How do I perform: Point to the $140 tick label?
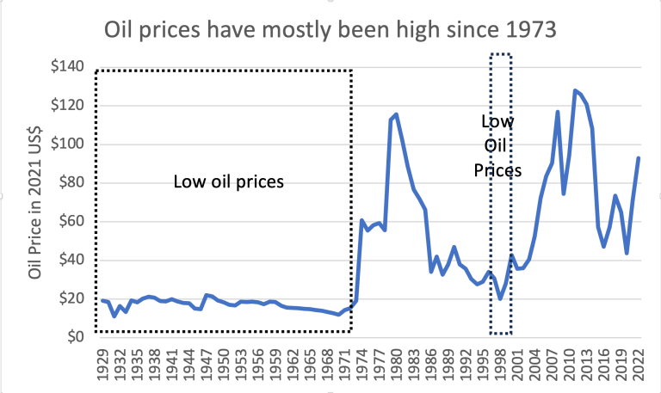point(67,67)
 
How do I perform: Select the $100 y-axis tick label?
point(67,144)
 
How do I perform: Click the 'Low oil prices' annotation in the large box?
point(228,181)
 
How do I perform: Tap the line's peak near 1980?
point(396,114)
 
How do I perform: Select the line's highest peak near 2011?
point(575,90)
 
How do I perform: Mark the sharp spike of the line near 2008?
point(558,112)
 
